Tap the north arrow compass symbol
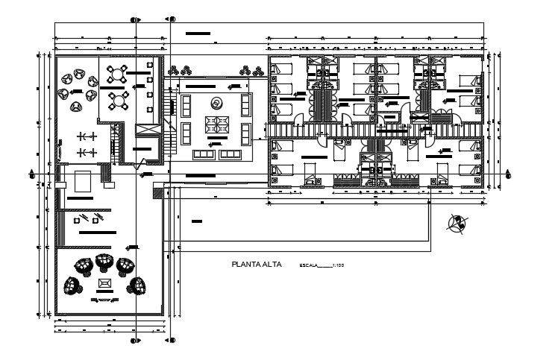coord(457,221)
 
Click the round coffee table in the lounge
coord(216,102)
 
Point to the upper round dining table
coord(117,74)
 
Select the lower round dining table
coord(117,99)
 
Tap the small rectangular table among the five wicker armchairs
coord(104,283)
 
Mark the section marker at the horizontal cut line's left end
coord(31,174)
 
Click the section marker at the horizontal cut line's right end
coord(511,174)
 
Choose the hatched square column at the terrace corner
coord(157,192)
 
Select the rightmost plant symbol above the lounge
coord(258,71)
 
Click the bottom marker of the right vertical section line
coord(172,341)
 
